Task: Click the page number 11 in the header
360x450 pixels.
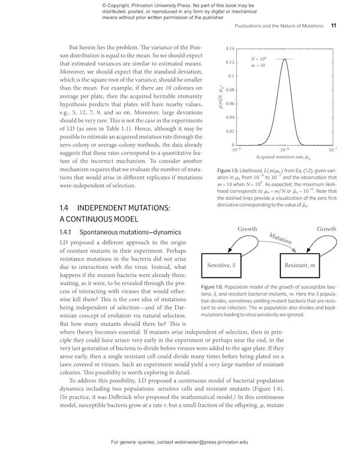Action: click(333, 26)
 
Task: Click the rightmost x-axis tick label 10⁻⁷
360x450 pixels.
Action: click(332, 149)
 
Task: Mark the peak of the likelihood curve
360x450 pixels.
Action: click(285, 59)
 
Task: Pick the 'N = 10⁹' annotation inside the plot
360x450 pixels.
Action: click(259, 59)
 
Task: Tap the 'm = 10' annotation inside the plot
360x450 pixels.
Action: click(259, 65)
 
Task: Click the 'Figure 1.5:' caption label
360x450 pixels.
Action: click(232, 172)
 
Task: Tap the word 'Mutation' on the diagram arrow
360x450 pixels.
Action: click(280, 238)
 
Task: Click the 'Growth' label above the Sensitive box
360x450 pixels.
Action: click(248, 229)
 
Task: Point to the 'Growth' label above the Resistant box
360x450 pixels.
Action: click(326, 229)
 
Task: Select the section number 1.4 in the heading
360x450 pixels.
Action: click(64, 208)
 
